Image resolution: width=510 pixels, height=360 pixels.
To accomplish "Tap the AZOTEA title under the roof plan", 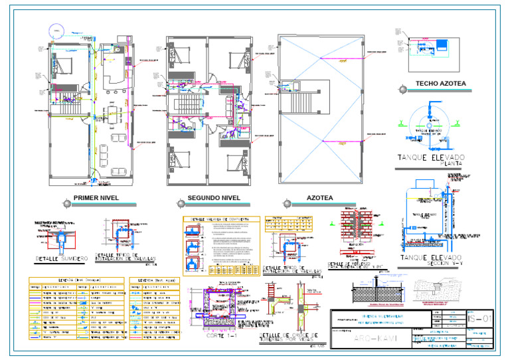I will [x=319, y=199].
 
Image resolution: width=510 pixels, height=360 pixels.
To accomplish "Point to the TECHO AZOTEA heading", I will [x=440, y=84].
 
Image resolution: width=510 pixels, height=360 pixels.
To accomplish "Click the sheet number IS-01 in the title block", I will [x=481, y=320].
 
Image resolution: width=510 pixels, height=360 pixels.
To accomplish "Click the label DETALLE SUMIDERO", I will [x=60, y=258].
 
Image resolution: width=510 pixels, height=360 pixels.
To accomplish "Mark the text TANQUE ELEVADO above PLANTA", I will [x=431, y=157].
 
